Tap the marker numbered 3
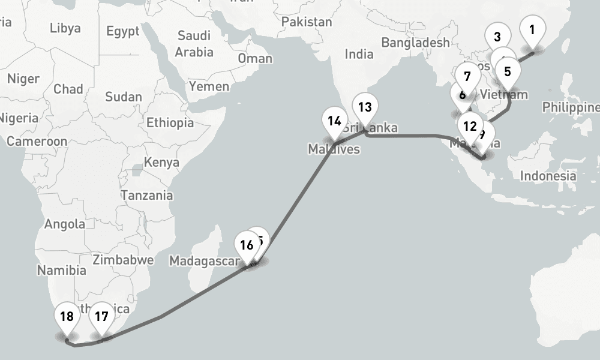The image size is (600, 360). pyautogui.click(x=497, y=37)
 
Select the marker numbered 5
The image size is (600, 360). pyautogui.click(x=507, y=73)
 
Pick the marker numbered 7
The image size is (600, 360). pyautogui.click(x=467, y=77)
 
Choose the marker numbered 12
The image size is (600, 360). pyautogui.click(x=470, y=127)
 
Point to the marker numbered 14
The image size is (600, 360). pyautogui.click(x=334, y=122)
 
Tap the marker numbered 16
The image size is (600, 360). pyautogui.click(x=247, y=245)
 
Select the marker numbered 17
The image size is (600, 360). pyautogui.click(x=101, y=316)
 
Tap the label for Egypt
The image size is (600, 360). pyautogui.click(x=123, y=31)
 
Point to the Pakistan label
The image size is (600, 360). pyautogui.click(x=306, y=22)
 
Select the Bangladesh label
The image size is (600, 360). pyautogui.click(x=415, y=43)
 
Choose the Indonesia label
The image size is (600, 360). pyautogui.click(x=548, y=176)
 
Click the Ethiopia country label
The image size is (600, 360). pyautogui.click(x=170, y=123)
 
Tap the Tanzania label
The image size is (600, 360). pyautogui.click(x=147, y=195)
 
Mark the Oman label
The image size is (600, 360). pyautogui.click(x=255, y=58)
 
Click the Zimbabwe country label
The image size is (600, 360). pyautogui.click(x=124, y=260)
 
